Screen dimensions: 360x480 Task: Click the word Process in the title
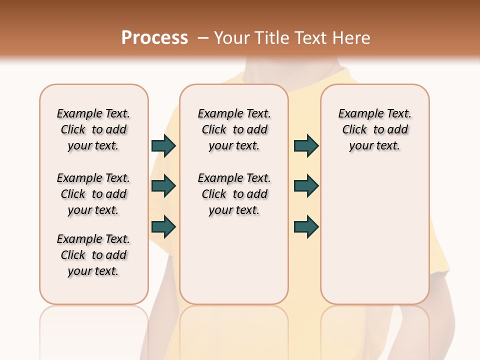click(154, 38)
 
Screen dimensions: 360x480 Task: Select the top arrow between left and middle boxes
click(163, 146)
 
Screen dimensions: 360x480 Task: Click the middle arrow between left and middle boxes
click(163, 186)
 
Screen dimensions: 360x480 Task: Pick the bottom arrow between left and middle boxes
click(163, 227)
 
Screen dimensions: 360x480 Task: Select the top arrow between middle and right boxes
click(306, 146)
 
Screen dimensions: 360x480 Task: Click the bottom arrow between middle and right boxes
click(306, 227)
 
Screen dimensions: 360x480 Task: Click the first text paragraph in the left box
click(93, 129)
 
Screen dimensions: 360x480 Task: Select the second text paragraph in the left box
click(93, 194)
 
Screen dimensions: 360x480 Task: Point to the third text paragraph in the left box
click(93, 255)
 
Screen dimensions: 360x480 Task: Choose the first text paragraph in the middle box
click(234, 129)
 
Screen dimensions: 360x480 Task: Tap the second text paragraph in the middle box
click(234, 194)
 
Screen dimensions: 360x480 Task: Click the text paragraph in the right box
click(375, 129)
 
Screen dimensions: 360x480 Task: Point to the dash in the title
click(203, 38)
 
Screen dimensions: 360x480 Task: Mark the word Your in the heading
click(232, 38)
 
